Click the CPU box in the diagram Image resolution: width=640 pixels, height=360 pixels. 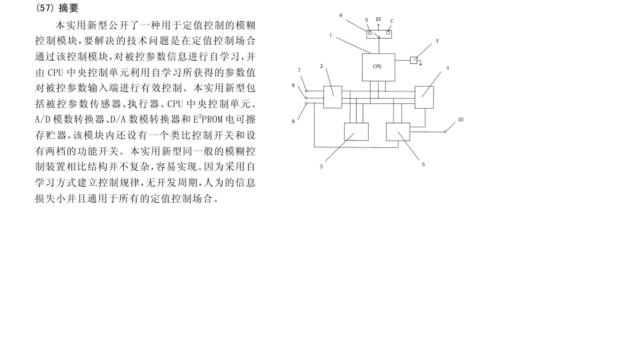click(x=379, y=67)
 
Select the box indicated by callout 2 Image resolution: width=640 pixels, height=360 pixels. click(x=333, y=97)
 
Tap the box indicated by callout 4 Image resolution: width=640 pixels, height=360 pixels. click(x=424, y=97)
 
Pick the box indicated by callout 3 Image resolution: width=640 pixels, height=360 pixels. click(x=356, y=132)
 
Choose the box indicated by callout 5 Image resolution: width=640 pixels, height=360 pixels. click(x=398, y=132)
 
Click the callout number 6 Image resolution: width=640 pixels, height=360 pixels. click(x=341, y=15)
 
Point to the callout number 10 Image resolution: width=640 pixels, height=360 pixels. click(x=461, y=119)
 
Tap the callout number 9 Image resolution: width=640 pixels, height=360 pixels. click(x=293, y=121)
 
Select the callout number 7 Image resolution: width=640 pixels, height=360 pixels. click(x=299, y=70)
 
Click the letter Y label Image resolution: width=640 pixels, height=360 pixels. click(x=437, y=41)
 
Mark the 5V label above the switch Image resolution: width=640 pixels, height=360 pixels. click(x=379, y=19)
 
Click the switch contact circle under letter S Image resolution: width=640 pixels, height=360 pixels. click(x=370, y=33)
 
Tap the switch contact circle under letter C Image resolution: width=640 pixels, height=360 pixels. click(x=388, y=33)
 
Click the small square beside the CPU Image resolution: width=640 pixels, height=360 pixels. click(x=413, y=61)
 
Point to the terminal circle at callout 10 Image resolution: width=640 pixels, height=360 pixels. click(x=445, y=132)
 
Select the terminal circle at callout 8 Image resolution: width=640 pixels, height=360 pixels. click(x=306, y=97)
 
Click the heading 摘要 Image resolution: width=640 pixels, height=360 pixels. click(x=69, y=8)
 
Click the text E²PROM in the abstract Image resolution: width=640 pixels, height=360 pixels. click(x=208, y=119)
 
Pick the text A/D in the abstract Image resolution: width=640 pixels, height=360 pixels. click(x=43, y=119)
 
